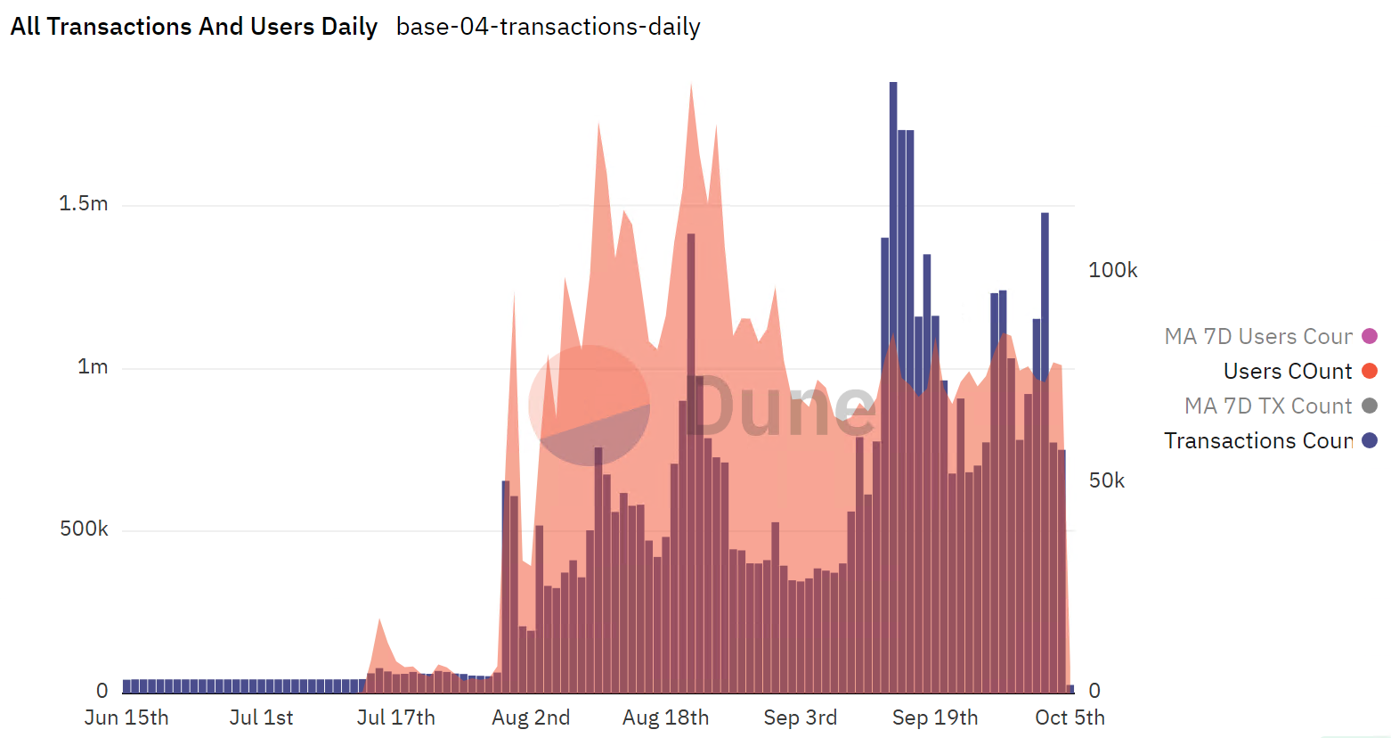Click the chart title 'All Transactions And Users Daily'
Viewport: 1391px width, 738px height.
pyautogui.click(x=194, y=27)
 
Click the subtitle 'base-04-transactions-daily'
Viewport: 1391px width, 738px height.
pyautogui.click(x=548, y=27)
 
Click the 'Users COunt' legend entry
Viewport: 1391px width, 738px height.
pyautogui.click(x=1287, y=372)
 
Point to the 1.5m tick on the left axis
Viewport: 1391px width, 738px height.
pyautogui.click(x=84, y=204)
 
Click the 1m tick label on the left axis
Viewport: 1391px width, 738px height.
pyautogui.click(x=93, y=367)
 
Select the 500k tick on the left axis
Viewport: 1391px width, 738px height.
pyautogui.click(x=84, y=529)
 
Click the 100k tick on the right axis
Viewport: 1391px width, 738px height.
pyautogui.click(x=1112, y=270)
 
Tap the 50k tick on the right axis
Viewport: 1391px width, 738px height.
pyautogui.click(x=1107, y=481)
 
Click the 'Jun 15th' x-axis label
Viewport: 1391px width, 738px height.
pyautogui.click(x=126, y=717)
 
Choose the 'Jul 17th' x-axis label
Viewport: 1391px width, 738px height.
pyautogui.click(x=396, y=717)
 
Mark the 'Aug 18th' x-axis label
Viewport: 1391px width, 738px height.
pyautogui.click(x=665, y=717)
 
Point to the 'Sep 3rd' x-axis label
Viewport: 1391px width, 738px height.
pyautogui.click(x=800, y=717)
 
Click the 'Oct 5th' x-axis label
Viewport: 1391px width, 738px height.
pyautogui.click(x=1070, y=717)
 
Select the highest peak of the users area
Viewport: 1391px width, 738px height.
pyautogui.click(x=691, y=86)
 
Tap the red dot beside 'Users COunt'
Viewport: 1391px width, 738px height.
pyautogui.click(x=1370, y=372)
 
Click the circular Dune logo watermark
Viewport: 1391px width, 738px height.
pyautogui.click(x=589, y=406)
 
